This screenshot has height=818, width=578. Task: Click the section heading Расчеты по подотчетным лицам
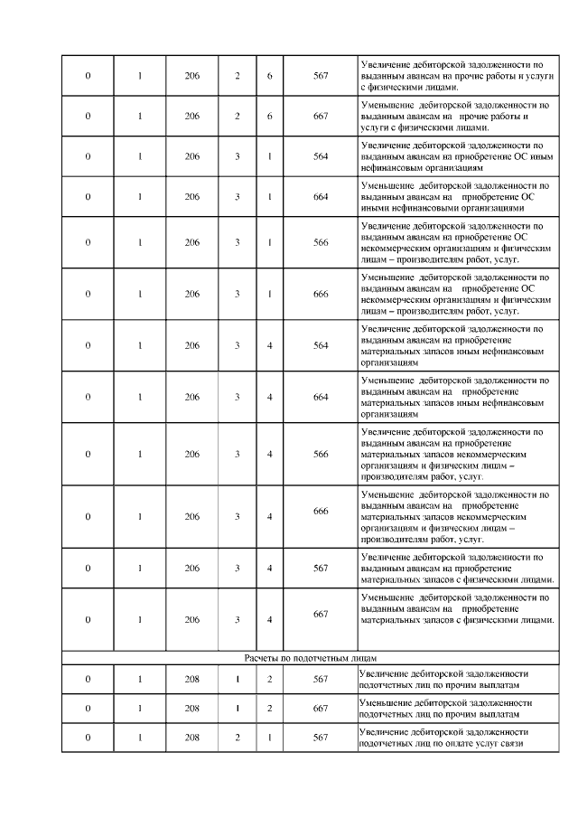[310, 657]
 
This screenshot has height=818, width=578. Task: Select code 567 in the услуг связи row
[321, 738]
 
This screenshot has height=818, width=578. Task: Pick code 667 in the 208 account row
[321, 708]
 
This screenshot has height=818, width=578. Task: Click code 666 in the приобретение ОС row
[321, 294]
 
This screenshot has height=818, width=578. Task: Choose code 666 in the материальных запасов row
[321, 511]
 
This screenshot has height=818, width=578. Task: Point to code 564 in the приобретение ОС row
[321, 156]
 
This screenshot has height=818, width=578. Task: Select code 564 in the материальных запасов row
[321, 344]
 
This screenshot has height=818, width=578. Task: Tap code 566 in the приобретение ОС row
[321, 242]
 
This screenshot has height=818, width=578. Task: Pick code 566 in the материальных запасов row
[321, 454]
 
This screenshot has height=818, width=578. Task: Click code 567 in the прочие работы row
[321, 74]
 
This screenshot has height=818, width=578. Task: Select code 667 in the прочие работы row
[321, 117]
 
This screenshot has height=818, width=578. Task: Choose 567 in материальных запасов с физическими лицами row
[321, 568]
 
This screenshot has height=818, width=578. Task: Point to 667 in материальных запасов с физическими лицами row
[321, 614]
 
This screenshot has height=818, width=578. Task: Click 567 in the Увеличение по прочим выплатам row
[321, 679]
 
